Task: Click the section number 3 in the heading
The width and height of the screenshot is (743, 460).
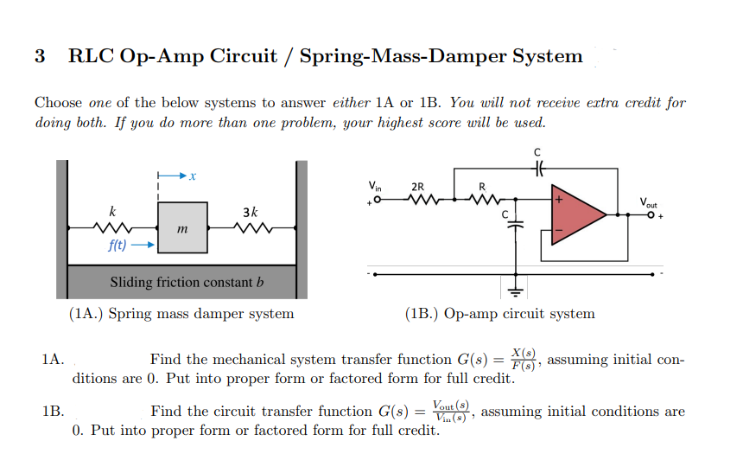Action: pyautogui.click(x=40, y=57)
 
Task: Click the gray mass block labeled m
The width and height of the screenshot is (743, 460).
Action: pyautogui.click(x=181, y=227)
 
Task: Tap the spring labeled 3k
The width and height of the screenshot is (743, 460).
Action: pyautogui.click(x=251, y=230)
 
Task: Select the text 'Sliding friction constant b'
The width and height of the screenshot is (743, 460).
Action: pyautogui.click(x=185, y=282)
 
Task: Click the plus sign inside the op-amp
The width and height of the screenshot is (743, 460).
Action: pyautogui.click(x=560, y=200)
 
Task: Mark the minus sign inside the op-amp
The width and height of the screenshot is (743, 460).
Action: pyautogui.click(x=559, y=232)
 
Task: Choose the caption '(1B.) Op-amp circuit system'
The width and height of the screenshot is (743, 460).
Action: pyautogui.click(x=499, y=313)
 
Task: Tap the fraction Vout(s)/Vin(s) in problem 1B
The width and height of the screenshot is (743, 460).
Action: pyautogui.click(x=451, y=412)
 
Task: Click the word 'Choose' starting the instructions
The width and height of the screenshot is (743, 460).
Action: pyautogui.click(x=59, y=103)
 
